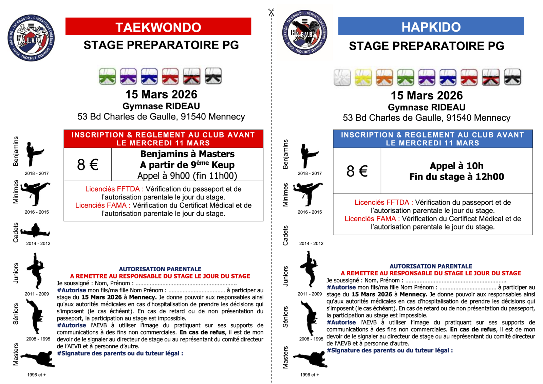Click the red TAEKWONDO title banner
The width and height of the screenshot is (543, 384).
158,26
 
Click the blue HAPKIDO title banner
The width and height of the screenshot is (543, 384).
431,26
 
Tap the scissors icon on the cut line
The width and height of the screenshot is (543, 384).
271,13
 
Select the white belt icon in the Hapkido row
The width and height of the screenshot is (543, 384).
342,77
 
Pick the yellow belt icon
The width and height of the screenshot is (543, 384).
363,77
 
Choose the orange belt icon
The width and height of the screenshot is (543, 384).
385,77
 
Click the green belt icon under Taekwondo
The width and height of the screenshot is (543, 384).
108,76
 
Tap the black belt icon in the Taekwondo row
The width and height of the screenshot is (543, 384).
213,76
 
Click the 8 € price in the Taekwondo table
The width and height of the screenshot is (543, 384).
88,165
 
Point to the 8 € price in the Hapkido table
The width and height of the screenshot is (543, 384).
357,171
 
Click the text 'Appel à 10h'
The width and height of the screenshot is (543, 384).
456,166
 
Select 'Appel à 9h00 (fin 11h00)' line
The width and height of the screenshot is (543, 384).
187,176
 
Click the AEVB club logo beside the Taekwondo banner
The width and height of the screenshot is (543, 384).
31,38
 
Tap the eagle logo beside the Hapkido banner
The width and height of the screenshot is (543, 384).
304,33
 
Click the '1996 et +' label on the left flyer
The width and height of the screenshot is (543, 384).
36,375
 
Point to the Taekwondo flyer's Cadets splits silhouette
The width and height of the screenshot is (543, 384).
35,231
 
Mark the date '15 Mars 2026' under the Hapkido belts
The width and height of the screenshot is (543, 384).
427,95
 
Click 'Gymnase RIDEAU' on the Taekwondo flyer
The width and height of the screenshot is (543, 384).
161,106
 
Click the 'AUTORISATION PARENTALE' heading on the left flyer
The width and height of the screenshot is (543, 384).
160,269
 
